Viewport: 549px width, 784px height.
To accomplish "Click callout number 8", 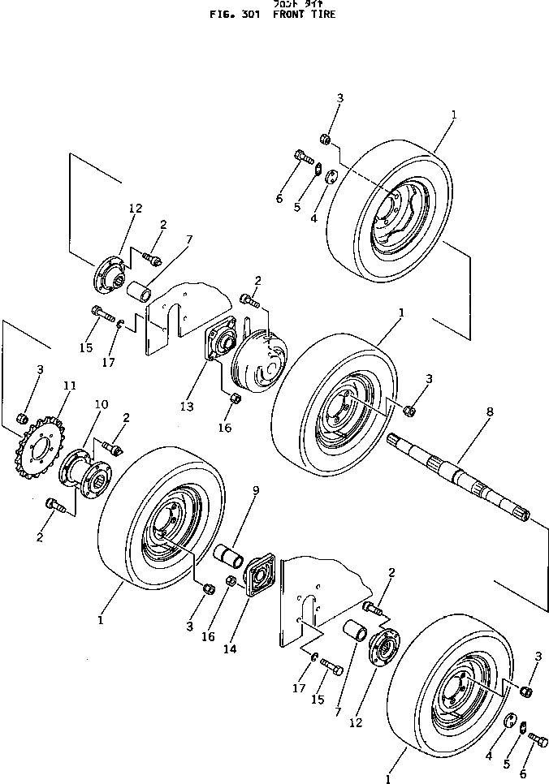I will [x=489, y=412].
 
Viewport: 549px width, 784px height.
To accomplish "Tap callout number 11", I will [x=69, y=386].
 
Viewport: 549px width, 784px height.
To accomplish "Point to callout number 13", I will [x=188, y=406].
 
